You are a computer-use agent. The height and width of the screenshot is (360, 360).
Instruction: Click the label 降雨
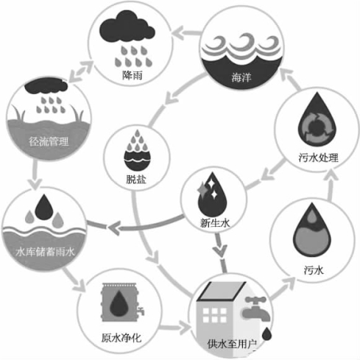[x=133, y=75]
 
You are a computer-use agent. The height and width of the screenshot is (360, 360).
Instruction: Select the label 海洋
[x=241, y=77]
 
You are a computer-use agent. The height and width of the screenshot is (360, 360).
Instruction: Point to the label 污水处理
[x=319, y=158]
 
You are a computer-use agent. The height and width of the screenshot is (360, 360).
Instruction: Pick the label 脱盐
[x=136, y=180]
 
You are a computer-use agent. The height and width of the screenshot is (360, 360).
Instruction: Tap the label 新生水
[x=215, y=223]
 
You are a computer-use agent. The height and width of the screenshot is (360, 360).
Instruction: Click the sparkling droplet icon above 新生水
[x=212, y=194]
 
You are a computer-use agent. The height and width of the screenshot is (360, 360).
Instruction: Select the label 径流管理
[x=49, y=141]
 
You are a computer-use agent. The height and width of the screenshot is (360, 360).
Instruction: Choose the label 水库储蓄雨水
[x=45, y=252]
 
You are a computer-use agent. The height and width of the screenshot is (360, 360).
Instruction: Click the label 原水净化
[x=121, y=338]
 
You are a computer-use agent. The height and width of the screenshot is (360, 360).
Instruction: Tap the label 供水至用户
[x=232, y=344]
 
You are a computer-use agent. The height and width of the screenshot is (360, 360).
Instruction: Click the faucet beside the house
[x=256, y=308]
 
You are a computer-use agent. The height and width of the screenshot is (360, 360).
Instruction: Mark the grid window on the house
[x=215, y=315]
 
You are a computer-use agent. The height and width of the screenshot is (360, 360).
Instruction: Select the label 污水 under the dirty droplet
[x=314, y=270]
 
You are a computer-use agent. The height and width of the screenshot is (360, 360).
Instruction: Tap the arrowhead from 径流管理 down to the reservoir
[x=36, y=184]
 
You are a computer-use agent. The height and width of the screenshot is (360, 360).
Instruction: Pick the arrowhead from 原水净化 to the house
[x=185, y=328]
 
